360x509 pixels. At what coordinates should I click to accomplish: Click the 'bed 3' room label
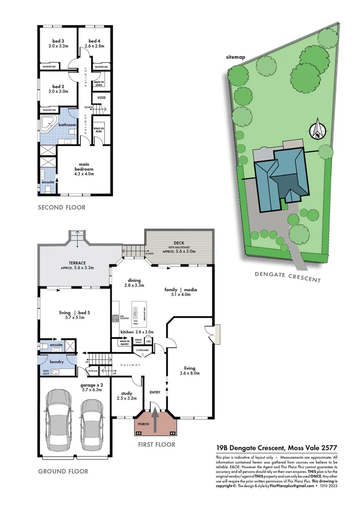pos(59,43)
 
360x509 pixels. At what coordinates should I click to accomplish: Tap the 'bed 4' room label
pos(94,43)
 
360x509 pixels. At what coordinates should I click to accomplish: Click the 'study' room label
pos(127,393)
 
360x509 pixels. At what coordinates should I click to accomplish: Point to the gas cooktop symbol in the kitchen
pos(115,319)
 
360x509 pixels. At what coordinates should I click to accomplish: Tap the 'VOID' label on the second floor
pos(101,98)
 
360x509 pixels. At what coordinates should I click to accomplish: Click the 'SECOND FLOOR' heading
pos(61,207)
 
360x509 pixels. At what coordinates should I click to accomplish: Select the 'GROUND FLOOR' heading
pos(63,471)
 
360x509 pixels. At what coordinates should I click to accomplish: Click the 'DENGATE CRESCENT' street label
pos(287,277)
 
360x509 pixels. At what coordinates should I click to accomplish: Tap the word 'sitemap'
pos(236,57)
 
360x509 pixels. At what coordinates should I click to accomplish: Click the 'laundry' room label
pos(57,361)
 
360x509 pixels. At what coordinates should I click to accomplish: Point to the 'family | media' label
pos(180,289)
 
